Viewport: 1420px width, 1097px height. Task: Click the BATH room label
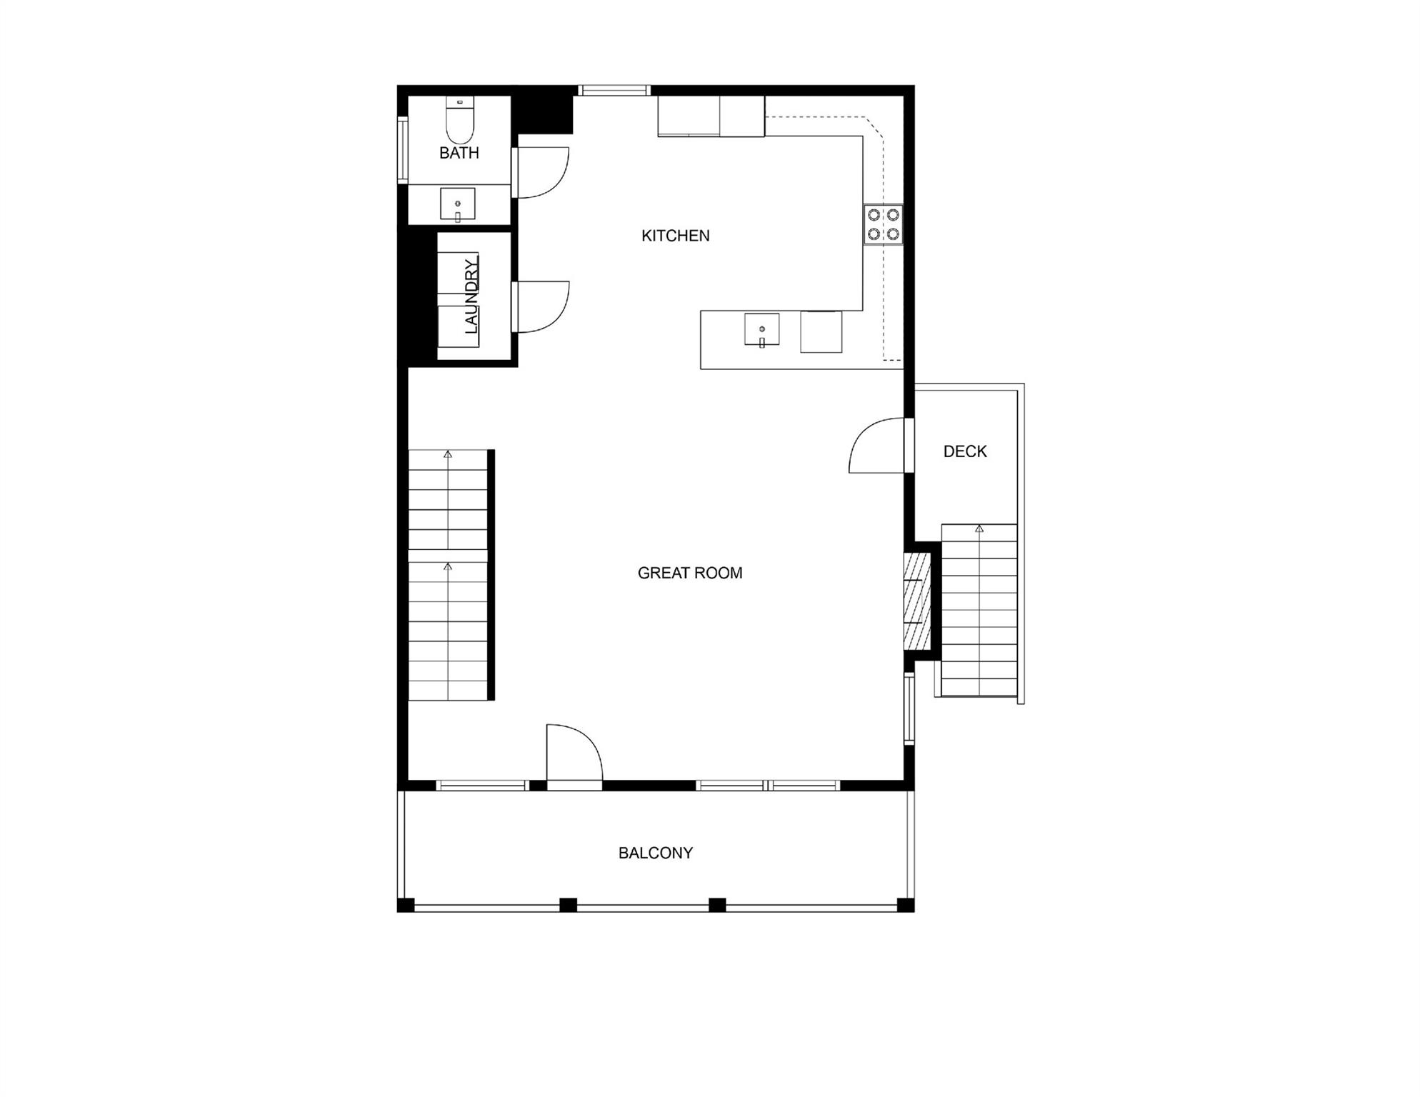[459, 153]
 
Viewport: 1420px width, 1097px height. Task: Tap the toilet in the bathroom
[460, 121]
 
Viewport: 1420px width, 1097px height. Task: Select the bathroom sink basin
[457, 204]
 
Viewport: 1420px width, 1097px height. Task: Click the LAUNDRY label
[471, 297]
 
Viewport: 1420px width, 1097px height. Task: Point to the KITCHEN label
[675, 236]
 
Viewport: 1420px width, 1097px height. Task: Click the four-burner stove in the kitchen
[883, 224]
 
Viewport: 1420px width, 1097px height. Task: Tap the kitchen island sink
[761, 329]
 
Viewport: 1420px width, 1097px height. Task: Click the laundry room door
[543, 307]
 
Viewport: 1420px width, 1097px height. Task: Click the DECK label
[964, 451]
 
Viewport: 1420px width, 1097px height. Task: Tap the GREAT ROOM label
[689, 573]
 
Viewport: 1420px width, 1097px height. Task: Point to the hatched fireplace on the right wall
[917, 601]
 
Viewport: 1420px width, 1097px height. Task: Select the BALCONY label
[655, 853]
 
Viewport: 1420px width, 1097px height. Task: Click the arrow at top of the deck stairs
[979, 529]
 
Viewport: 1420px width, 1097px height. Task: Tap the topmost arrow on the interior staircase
[448, 454]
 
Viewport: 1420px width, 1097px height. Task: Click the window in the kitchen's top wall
[614, 90]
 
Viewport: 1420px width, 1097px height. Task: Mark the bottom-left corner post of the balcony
[405, 905]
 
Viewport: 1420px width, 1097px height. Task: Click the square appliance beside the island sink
[821, 332]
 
